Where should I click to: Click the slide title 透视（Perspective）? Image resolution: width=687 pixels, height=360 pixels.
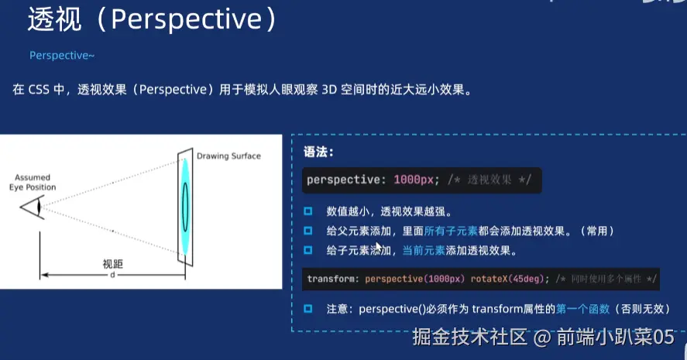tap(152, 19)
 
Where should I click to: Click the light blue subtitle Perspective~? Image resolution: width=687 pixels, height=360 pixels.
tap(62, 56)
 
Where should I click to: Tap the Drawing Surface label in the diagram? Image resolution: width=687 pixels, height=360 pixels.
tap(228, 156)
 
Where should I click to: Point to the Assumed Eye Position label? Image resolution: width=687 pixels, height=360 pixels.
tap(33, 182)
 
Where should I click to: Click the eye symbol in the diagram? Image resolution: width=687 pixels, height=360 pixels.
tap(33, 207)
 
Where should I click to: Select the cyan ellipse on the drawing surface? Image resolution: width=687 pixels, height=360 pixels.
tap(185, 207)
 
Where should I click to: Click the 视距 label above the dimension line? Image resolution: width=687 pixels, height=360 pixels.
tap(112, 264)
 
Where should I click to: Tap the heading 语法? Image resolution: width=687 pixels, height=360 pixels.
tap(318, 152)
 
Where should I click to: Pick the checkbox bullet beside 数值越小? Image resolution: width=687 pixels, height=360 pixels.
tap(308, 211)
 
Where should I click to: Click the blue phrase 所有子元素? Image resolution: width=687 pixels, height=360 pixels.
tap(451, 231)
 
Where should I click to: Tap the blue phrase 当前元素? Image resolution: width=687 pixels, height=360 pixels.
tap(424, 251)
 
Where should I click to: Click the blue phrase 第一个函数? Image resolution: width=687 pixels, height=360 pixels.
tap(582, 309)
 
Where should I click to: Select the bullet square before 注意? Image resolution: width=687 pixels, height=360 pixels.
tap(308, 309)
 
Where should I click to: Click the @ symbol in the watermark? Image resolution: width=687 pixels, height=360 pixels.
tap(542, 338)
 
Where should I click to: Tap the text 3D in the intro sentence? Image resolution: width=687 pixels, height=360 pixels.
tap(329, 89)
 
